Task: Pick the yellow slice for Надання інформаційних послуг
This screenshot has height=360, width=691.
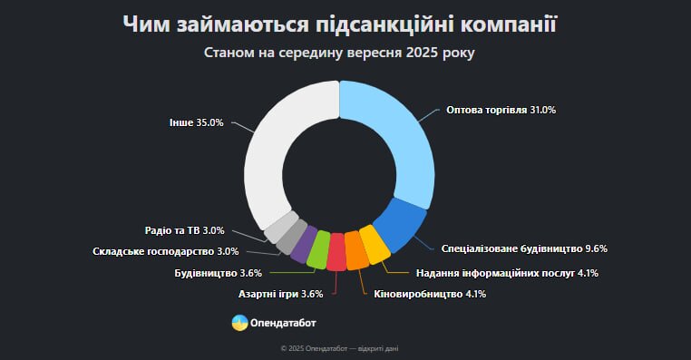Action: [374, 244]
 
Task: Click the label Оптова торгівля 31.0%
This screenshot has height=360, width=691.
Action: [501, 110]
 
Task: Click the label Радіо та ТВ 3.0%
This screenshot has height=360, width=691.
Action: [184, 230]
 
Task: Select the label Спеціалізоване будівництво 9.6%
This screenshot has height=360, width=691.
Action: [523, 248]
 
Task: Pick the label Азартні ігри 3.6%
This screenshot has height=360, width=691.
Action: [280, 294]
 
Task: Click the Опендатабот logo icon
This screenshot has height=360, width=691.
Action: [239, 322]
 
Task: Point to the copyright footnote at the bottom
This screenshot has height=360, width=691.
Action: [345, 347]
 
